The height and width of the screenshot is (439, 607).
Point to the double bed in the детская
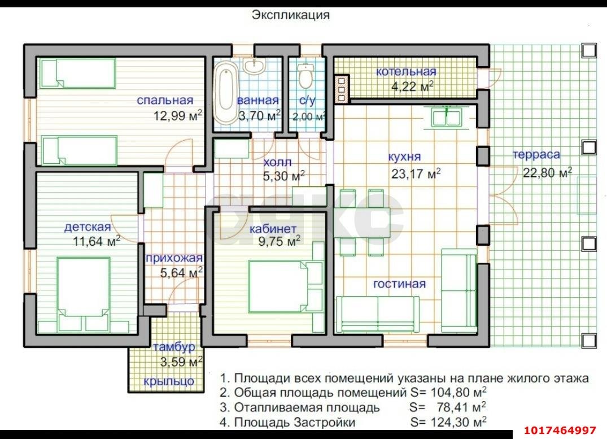(83, 294)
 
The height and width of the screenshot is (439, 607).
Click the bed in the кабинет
(285, 286)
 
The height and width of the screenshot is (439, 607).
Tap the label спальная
(165, 100)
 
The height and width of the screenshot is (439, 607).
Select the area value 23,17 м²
(416, 173)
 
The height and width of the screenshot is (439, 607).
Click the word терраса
(536, 155)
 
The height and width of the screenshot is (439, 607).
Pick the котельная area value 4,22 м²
(412, 86)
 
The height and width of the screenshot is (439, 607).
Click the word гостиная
(399, 284)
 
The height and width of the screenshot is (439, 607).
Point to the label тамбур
(174, 347)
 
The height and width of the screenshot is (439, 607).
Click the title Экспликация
(290, 15)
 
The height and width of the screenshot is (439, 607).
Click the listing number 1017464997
(560, 431)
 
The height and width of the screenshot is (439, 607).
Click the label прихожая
(174, 258)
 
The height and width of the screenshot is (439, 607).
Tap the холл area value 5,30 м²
(284, 176)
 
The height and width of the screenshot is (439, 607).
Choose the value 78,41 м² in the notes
(461, 407)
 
